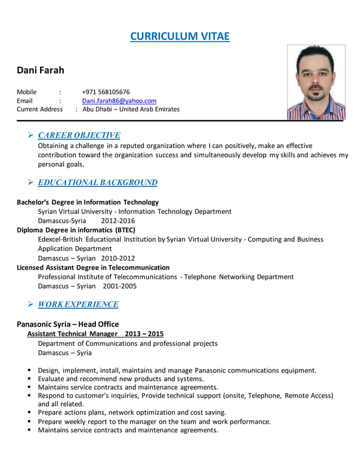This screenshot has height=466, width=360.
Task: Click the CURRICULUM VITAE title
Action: [180, 37]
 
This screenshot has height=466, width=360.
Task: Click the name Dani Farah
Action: [41, 71]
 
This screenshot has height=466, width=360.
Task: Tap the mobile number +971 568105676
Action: [106, 92]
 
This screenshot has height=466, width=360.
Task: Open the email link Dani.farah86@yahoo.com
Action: [119, 101]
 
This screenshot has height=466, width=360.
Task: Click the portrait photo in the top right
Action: [315, 83]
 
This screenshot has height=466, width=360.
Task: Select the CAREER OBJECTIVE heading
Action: [78, 135]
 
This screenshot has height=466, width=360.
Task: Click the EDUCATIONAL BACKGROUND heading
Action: [97, 183]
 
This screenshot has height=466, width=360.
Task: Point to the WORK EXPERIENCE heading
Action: [78, 305]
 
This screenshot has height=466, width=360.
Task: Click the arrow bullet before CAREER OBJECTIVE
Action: [30, 135]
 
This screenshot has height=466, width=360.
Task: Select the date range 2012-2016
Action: [118, 221]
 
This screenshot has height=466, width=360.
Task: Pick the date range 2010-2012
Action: [118, 258]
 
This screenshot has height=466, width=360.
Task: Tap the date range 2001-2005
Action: [120, 286]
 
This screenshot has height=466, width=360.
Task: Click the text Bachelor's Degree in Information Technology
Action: [87, 202]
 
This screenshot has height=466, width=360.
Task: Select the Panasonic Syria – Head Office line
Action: [68, 324]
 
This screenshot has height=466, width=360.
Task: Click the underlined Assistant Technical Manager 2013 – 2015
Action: [95, 334]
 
